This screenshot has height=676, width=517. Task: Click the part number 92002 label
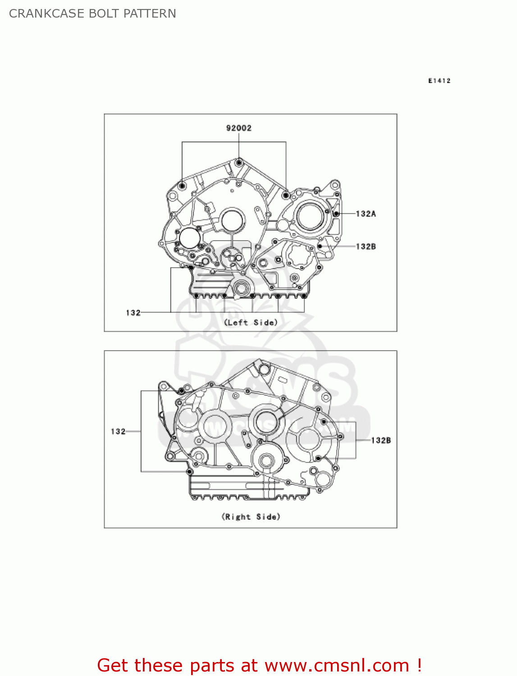[x=238, y=128]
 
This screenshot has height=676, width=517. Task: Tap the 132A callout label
[x=366, y=214]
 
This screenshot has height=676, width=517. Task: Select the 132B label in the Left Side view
[x=366, y=247]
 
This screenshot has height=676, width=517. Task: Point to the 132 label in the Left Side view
[x=133, y=313]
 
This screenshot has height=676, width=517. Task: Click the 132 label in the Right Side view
[x=118, y=431]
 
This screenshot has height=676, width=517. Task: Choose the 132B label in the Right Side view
[x=381, y=440]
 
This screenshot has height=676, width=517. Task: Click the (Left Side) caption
[x=251, y=323]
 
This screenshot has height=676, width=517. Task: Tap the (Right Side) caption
[x=251, y=516]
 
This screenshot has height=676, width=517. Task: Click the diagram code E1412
[x=439, y=81]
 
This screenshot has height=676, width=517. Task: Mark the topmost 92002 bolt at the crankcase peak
[x=239, y=162]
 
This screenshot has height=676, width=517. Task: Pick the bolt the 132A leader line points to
[x=336, y=213]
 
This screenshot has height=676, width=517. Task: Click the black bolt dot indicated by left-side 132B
[x=320, y=247]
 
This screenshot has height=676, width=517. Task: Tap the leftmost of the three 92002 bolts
[x=182, y=186]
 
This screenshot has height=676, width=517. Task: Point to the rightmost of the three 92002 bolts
[x=286, y=195]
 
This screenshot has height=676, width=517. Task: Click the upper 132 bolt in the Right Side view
[x=181, y=391]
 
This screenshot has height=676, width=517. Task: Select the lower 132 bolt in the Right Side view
[x=189, y=472]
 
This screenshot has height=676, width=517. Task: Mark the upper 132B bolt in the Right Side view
[x=323, y=422]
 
